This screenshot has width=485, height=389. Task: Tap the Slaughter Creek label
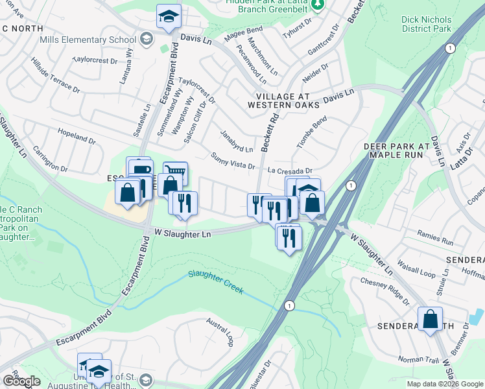(217, 282)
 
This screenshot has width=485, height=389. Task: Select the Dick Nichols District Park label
(425, 25)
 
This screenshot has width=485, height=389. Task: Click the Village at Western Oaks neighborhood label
(283, 100)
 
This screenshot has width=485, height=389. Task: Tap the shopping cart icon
(175, 173)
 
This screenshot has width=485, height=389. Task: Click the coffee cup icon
(139, 169)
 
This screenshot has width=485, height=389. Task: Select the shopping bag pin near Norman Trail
(430, 319)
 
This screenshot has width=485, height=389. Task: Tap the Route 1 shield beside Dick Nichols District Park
(451, 49)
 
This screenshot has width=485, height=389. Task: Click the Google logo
(21, 381)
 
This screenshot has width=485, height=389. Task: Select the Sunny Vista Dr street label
(233, 161)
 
